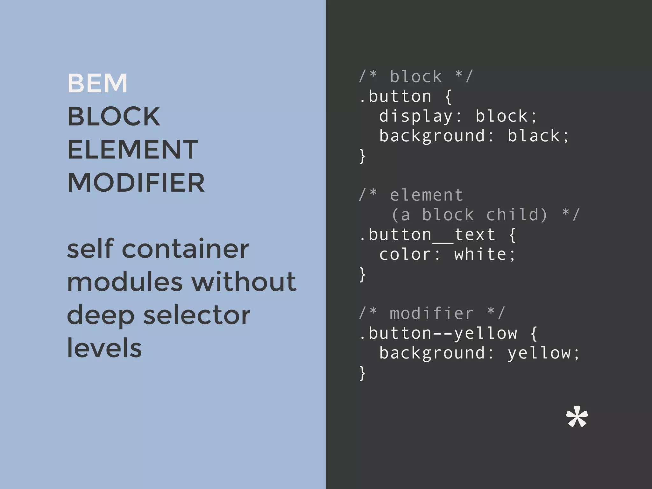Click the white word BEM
tap(97, 83)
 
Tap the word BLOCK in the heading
tap(114, 117)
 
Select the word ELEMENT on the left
tap(132, 150)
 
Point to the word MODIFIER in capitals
tap(136, 183)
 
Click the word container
tap(185, 249)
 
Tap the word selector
tap(197, 315)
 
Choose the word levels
tap(104, 348)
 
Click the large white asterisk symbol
tap(577, 417)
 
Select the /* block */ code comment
tap(416, 77)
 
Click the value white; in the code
tap(485, 255)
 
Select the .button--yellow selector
tap(438, 334)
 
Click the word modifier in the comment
tap(432, 314)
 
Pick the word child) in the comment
tap(517, 215)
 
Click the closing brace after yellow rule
tap(362, 373)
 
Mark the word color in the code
tap(405, 255)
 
